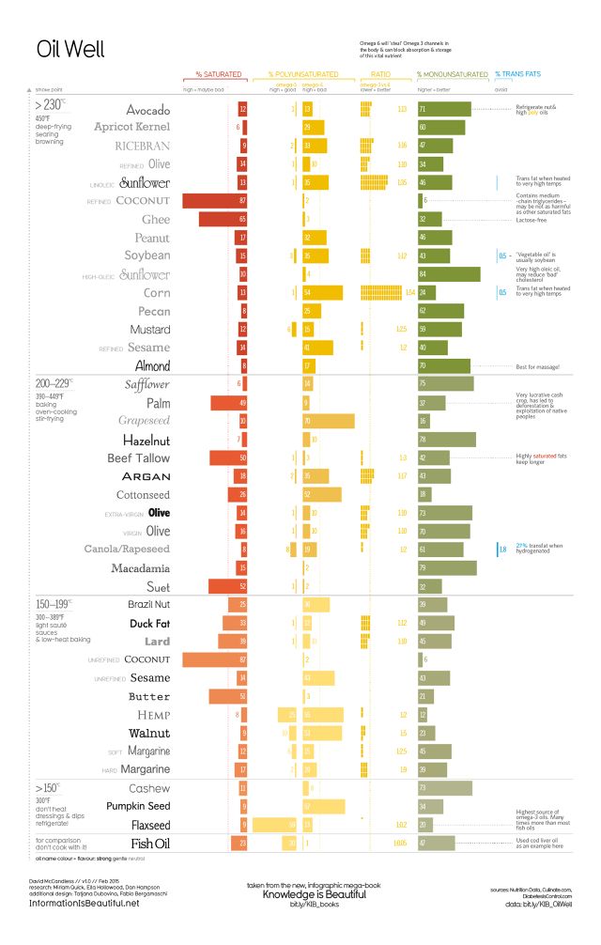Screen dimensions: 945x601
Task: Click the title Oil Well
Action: [69, 49]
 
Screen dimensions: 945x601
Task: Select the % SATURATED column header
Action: [218, 73]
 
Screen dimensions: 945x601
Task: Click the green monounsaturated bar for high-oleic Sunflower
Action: [450, 274]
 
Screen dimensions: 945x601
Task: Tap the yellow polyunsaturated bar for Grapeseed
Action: [328, 421]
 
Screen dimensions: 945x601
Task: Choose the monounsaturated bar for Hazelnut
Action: [447, 439]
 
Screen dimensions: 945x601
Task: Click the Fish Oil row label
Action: [150, 843]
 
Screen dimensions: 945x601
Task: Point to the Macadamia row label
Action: [140, 568]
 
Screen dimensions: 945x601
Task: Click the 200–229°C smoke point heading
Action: [56, 384]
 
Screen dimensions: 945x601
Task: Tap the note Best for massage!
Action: [537, 365]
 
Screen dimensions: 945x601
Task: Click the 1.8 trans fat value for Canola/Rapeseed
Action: [503, 549]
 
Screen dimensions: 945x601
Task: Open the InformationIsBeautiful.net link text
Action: [85, 902]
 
